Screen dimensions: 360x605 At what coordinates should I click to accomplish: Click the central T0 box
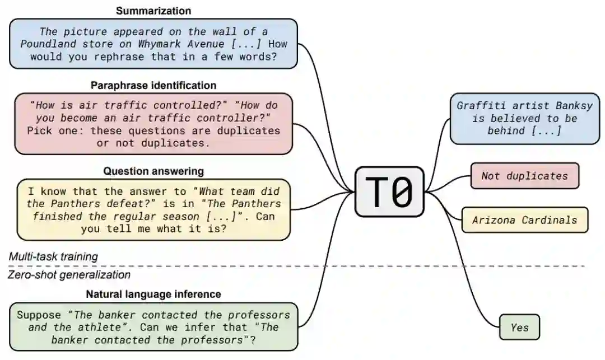pos(389,191)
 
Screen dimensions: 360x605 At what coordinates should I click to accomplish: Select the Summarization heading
pos(153,11)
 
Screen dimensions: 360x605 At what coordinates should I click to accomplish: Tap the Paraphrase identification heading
pos(153,85)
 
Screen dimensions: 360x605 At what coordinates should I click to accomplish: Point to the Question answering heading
pos(153,171)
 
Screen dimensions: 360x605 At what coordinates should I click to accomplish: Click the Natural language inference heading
pos(153,294)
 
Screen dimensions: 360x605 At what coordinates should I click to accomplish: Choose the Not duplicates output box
pos(524,176)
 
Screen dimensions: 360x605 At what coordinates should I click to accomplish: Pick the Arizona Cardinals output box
pos(524,220)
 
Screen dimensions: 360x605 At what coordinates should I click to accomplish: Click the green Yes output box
pos(519,327)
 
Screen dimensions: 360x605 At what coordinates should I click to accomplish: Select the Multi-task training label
pos(53,256)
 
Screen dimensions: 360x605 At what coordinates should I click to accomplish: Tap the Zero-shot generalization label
pos(69,275)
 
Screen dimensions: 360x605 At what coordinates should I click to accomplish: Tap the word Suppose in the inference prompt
pos(38,315)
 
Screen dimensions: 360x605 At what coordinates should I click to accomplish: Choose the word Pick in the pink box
pos(39,130)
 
